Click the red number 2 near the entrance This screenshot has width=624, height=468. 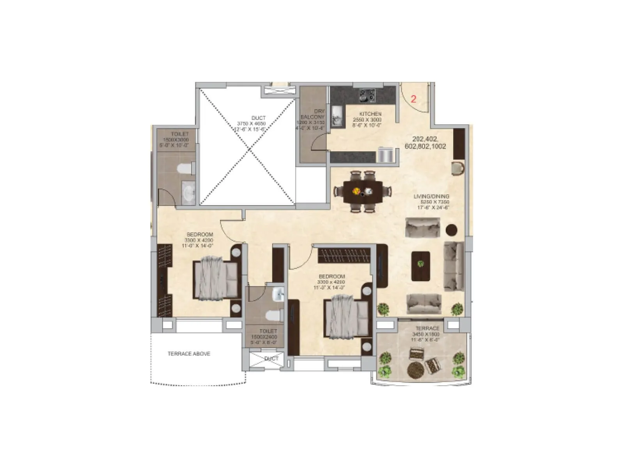pyautogui.click(x=413, y=99)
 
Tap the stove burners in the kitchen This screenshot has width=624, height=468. pyautogui.click(x=367, y=95)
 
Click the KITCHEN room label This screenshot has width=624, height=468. pyautogui.click(x=370, y=114)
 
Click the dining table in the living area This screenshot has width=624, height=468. pyautogui.click(x=363, y=191)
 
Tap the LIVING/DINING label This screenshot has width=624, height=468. pyautogui.click(x=431, y=197)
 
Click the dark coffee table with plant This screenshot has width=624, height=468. pyautogui.click(x=421, y=266)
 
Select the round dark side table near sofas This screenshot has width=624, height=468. pyautogui.click(x=451, y=230)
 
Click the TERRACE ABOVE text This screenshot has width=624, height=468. pyautogui.click(x=189, y=354)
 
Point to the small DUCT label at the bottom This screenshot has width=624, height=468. pyautogui.click(x=271, y=358)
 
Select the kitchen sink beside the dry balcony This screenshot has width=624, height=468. pyautogui.click(x=337, y=116)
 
